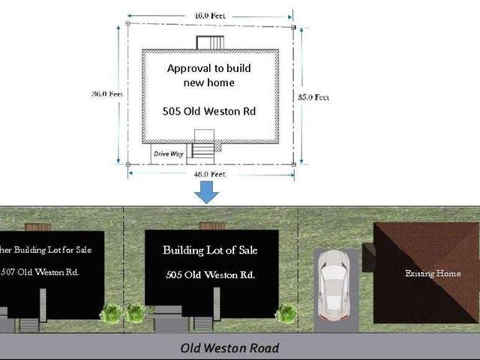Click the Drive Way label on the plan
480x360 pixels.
pos(169,154)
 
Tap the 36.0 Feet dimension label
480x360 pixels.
pos(105,94)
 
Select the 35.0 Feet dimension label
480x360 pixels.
pos(311,97)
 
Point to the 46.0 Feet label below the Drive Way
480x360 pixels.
pos(209,174)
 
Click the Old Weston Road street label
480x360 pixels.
pos(229,348)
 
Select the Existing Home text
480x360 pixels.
pos(433,274)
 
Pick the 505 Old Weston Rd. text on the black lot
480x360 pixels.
pos(210,275)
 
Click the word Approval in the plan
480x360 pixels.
pos(185,69)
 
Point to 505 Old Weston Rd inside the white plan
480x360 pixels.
pos(209,111)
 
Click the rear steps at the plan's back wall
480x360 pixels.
pos(208,42)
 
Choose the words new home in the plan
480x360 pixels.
pos(209,82)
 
